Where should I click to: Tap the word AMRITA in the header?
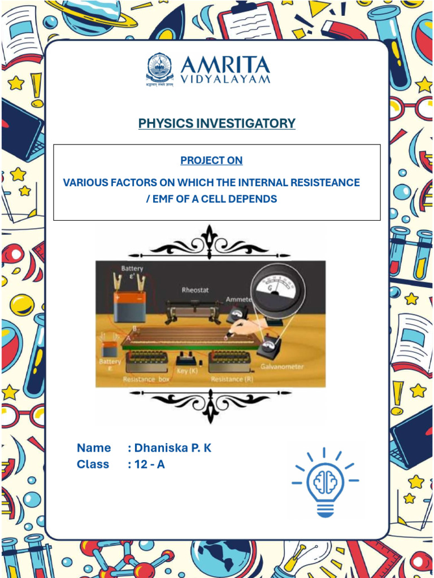click(x=225, y=65)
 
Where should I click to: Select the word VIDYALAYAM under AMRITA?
click(x=225, y=80)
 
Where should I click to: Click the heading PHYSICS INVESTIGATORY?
click(x=216, y=123)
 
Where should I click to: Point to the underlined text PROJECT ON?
click(x=211, y=160)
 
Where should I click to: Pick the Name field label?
click(x=94, y=448)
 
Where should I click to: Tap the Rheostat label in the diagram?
click(x=195, y=290)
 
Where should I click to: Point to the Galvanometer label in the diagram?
click(x=282, y=367)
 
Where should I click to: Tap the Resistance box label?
click(x=146, y=380)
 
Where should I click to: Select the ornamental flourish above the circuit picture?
click(x=210, y=244)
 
